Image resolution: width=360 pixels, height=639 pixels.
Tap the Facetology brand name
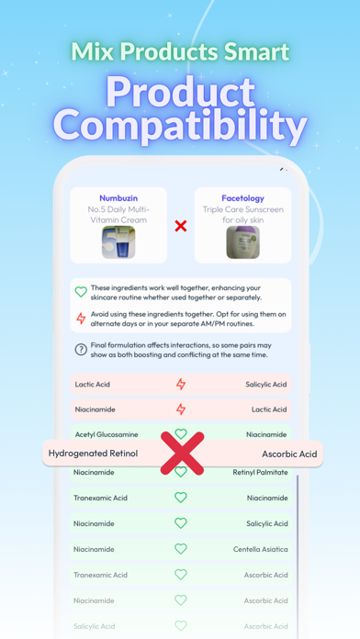[243, 197]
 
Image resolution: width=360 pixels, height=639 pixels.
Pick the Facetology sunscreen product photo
[243, 242]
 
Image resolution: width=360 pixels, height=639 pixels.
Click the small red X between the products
[181, 226]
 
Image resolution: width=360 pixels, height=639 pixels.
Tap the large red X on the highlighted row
[182, 453]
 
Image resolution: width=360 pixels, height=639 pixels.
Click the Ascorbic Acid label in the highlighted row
[288, 454]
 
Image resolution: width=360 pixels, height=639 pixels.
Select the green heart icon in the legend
[81, 292]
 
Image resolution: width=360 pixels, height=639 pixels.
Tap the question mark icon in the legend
[81, 350]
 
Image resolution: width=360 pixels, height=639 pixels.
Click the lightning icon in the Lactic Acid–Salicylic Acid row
[181, 384]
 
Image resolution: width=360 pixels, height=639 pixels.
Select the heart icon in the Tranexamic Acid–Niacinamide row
[181, 498]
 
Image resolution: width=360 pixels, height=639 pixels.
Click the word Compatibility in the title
[180, 127]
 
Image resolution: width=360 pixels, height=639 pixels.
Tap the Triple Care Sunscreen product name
[243, 215]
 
